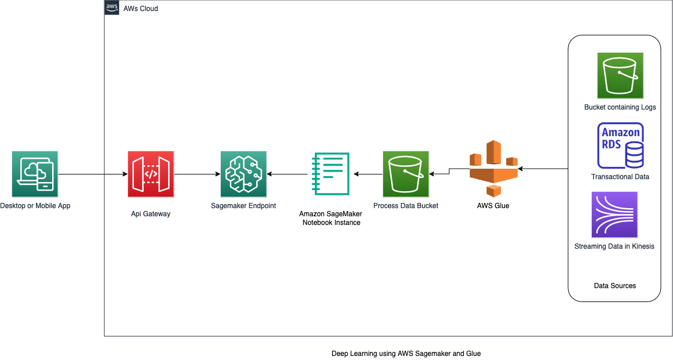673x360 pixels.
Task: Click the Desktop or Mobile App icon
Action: (x=35, y=174)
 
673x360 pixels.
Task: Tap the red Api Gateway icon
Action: (x=151, y=174)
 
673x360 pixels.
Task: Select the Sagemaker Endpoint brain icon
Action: (x=243, y=174)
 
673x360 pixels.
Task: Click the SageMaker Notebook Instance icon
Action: (x=331, y=173)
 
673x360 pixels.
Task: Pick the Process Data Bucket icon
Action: (x=406, y=174)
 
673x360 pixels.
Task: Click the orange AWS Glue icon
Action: (x=493, y=169)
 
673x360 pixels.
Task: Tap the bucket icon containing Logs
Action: (x=620, y=75)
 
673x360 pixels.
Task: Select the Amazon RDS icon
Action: (x=620, y=146)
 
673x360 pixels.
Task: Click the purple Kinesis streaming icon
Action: (x=614, y=214)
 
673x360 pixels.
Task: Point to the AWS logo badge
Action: (x=112, y=8)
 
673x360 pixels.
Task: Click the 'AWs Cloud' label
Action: (x=141, y=9)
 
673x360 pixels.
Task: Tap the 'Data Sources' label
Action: (x=615, y=286)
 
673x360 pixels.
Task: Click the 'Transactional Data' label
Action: (x=620, y=177)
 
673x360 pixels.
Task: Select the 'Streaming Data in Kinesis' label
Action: (x=614, y=246)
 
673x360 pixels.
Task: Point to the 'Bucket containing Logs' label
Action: (x=620, y=107)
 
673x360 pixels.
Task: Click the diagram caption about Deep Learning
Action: (x=406, y=353)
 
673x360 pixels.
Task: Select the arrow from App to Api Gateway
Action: (x=93, y=174)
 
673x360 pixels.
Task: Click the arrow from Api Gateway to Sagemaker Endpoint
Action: (x=197, y=174)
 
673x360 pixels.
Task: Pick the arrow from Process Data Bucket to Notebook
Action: (x=368, y=174)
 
